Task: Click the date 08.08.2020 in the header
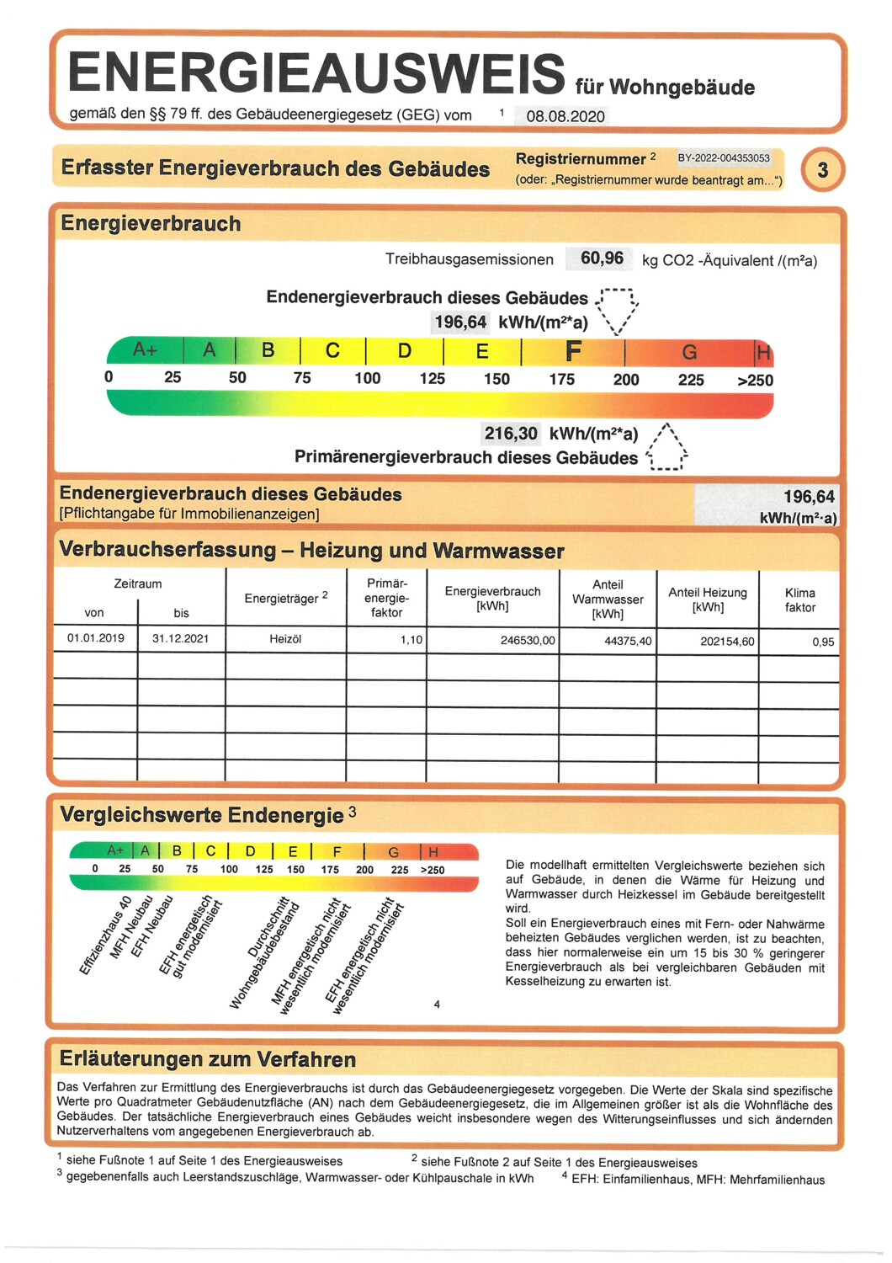(565, 116)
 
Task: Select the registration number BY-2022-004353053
(724, 158)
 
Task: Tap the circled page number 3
(822, 170)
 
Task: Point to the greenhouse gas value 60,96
(602, 258)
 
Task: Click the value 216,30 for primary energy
(510, 434)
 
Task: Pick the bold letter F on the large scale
(573, 350)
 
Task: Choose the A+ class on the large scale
(145, 349)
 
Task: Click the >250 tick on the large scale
(755, 381)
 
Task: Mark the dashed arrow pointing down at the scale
(618, 311)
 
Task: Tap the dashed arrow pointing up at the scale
(667, 446)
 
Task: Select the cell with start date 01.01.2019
(96, 638)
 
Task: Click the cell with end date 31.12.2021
(181, 638)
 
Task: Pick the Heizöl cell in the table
(285, 639)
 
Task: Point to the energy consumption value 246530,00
(528, 641)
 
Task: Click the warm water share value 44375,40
(628, 641)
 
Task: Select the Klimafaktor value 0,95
(823, 642)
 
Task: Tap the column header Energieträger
(285, 598)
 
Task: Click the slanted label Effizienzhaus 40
(105, 936)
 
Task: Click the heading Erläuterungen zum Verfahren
(208, 1059)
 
